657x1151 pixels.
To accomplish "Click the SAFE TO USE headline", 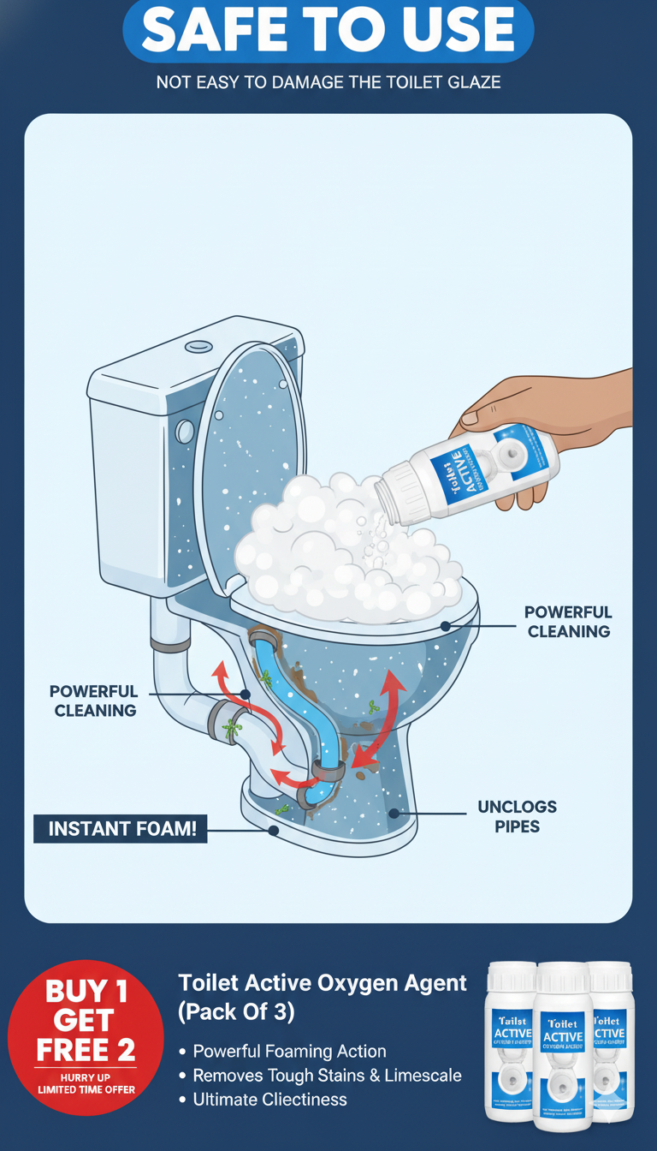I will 328,31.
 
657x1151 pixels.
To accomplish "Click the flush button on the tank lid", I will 199,347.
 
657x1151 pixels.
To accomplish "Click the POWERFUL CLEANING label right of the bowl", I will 568,622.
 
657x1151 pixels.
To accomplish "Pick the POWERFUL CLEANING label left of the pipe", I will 94,701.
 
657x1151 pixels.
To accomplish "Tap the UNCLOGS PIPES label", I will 517,816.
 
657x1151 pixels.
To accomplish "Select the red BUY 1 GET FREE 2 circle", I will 86,1037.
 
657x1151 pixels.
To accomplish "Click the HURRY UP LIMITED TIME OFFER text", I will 86,1082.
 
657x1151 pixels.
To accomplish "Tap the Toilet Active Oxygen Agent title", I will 323,984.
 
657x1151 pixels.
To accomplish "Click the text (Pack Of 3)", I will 236,1012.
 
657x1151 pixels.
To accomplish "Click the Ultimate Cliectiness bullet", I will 269,1100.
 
